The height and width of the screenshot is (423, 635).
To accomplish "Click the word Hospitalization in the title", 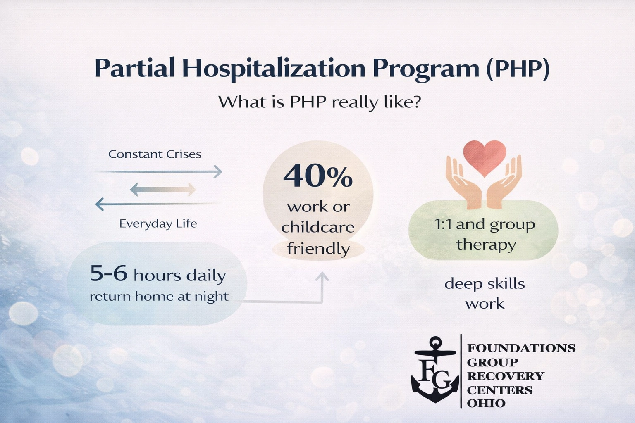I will (274, 68).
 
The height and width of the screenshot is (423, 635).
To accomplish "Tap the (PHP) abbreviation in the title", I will (517, 68).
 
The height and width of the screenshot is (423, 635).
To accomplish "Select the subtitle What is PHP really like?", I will (319, 102).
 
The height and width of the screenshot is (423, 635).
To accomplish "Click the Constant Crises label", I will (155, 154).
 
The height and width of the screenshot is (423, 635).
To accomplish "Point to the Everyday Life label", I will (158, 223).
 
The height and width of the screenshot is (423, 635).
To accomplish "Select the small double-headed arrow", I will (163, 190).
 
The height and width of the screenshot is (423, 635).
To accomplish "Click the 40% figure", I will (318, 176).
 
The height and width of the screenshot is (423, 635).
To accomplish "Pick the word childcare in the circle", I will (318, 227).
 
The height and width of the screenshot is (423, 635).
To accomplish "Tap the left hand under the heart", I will (463, 182).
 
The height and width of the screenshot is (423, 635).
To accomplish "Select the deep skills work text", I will (485, 293).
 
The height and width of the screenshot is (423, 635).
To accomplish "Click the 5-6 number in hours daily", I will (109, 273).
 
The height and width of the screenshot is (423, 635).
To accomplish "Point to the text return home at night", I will (159, 296).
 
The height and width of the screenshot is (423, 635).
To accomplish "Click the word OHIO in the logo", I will (486, 403).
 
